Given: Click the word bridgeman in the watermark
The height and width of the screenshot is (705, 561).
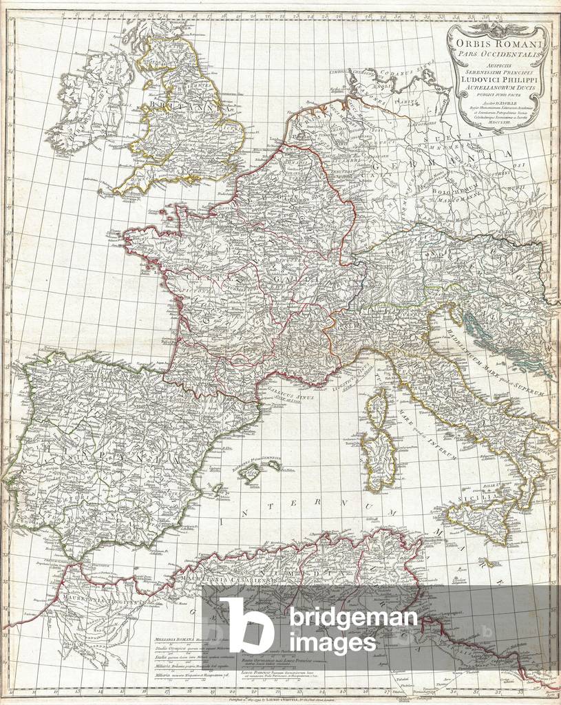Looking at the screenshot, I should [353, 618].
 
